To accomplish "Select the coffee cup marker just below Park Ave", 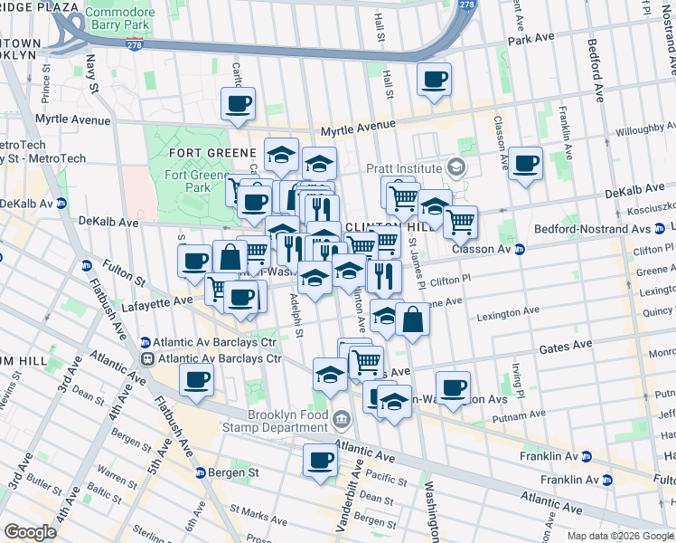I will [434, 80].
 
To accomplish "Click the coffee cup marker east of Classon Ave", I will [525, 164].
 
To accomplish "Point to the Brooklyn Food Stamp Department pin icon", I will [342, 417].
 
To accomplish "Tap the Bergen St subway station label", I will [233, 472].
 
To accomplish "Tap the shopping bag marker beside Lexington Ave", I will [412, 319].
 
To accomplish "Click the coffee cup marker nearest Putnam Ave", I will [454, 388].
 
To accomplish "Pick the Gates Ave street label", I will [566, 345].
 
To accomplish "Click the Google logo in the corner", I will [30, 532].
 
